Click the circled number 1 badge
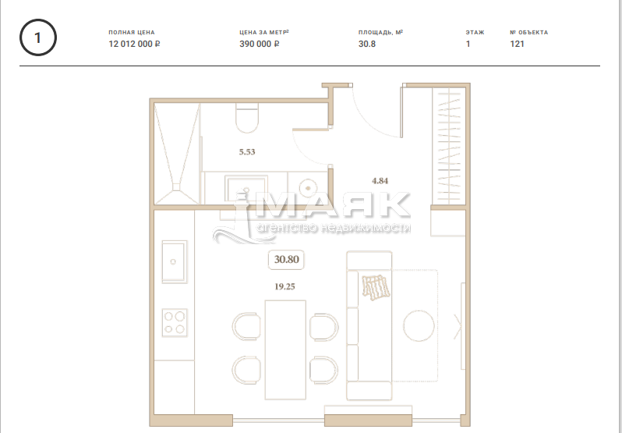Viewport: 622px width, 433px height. coord(38,37)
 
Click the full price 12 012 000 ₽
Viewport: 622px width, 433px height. coord(135,44)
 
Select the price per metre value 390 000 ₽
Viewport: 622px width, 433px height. coord(260,44)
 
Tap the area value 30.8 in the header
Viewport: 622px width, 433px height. coord(367,44)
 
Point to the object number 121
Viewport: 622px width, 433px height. coord(517,44)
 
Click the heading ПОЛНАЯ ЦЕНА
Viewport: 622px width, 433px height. coord(132,33)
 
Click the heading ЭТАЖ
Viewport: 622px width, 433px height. coord(475,33)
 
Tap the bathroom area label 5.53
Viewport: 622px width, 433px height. coord(247,151)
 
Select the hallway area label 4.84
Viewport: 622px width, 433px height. coord(380,181)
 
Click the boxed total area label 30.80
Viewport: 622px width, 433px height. coord(286,260)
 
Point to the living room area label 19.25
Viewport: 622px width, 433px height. coord(284,286)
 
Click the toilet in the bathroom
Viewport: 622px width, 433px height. coord(247,118)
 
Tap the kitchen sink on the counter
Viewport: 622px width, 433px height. coord(175,261)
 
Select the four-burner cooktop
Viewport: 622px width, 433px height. coord(175,323)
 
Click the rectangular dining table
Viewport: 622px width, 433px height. coord(285,350)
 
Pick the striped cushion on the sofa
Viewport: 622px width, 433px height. coord(375,287)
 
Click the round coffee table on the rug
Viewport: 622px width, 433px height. coord(419,325)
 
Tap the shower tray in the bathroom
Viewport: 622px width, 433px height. coord(177,154)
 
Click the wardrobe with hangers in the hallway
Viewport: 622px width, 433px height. coord(449,146)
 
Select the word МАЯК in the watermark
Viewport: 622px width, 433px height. coord(331,205)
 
